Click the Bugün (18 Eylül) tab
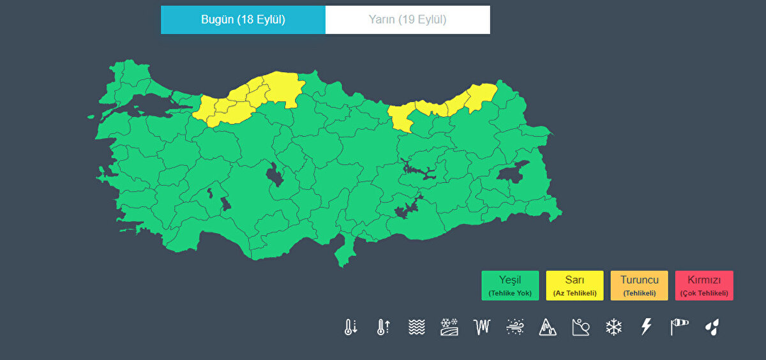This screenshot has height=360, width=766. [243, 20]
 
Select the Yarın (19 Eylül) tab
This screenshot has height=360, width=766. [407, 20]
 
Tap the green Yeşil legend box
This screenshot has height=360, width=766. [510, 285]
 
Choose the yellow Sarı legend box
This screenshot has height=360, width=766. [574, 285]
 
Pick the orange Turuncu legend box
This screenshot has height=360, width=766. [639, 285]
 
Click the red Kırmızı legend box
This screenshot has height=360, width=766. [704, 285]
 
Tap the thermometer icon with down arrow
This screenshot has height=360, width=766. [350, 327]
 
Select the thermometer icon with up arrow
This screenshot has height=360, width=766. [383, 327]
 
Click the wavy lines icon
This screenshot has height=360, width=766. [416, 327]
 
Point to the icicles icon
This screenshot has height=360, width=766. [481, 327]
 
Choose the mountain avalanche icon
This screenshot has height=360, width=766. [548, 327]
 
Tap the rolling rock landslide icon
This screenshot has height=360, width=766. [580, 327]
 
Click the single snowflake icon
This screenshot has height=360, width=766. [613, 327]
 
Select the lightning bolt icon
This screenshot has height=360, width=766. [646, 327]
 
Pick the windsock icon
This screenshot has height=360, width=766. [679, 327]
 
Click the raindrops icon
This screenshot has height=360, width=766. [712, 327]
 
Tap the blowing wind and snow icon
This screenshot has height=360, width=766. [514, 327]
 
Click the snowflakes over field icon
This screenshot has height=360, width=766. [449, 327]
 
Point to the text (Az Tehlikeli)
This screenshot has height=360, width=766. [574, 294]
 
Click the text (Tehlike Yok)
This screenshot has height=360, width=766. [510, 294]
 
